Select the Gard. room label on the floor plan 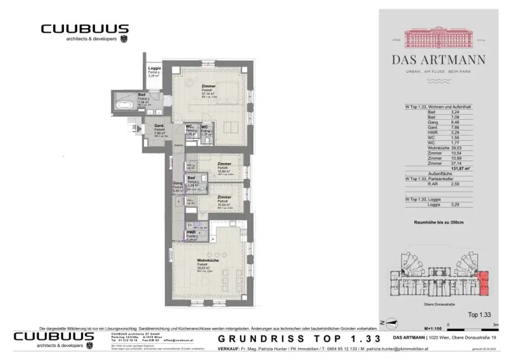(x=159, y=125)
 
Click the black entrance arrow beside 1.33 (x=139, y=128)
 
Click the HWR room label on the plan (x=191, y=232)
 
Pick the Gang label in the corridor (x=177, y=183)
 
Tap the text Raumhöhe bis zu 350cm (x=439, y=222)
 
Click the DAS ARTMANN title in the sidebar (x=438, y=60)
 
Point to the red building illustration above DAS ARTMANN (x=438, y=37)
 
